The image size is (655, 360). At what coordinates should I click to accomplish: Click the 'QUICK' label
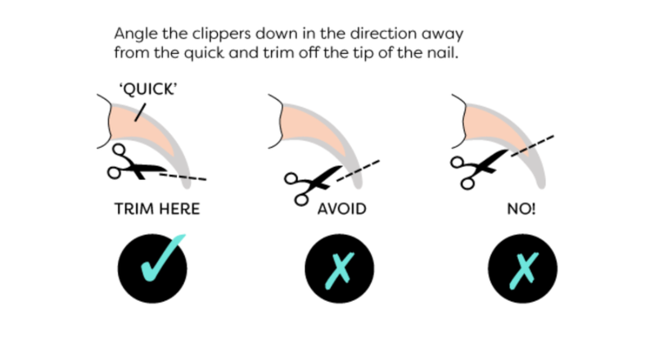148,89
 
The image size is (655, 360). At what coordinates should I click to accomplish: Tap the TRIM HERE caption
157,209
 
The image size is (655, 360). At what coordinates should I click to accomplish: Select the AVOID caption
341,209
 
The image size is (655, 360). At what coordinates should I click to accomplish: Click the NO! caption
522,209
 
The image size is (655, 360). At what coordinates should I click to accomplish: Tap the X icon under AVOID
340,271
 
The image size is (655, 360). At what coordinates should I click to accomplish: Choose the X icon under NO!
523,271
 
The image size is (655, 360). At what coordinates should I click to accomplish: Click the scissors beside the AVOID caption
313,185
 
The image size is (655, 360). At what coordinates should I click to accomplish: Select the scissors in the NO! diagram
481,169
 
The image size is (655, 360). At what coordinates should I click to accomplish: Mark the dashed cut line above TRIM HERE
183,177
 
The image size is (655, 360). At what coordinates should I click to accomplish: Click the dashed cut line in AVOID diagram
358,171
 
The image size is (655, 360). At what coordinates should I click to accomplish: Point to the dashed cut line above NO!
533,146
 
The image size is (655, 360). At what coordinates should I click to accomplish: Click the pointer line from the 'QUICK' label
140,112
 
